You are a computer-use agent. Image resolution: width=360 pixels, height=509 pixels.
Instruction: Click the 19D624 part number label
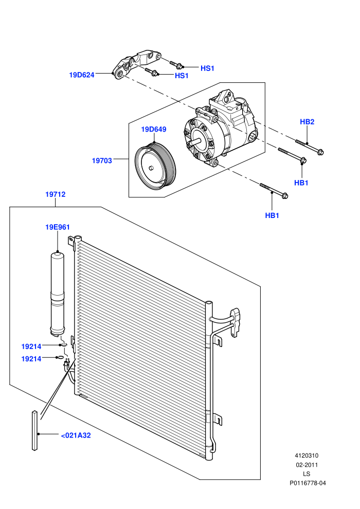pyautogui.click(x=81, y=75)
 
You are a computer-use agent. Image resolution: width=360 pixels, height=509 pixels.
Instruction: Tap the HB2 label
pyautogui.click(x=307, y=122)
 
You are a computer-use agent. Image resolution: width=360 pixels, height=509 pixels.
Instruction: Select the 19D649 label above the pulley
pyautogui.click(x=153, y=129)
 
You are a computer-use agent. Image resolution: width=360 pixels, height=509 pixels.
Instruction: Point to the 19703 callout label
pyautogui.click(x=102, y=160)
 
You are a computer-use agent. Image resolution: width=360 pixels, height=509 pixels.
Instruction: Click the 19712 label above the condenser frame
pyautogui.click(x=55, y=194)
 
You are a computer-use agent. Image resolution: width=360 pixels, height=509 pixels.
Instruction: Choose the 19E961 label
pyautogui.click(x=58, y=227)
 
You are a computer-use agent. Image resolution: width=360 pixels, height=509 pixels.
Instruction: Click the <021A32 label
pyautogui.click(x=76, y=435)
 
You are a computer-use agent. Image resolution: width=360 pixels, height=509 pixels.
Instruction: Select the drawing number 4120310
pyautogui.click(x=307, y=456)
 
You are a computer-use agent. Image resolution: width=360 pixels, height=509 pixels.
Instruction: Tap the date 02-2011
pyautogui.click(x=307, y=465)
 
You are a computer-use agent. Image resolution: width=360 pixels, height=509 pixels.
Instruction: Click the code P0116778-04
pyautogui.click(x=308, y=483)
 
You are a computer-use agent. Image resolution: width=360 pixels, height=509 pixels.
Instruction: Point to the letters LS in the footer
pyautogui.click(x=307, y=474)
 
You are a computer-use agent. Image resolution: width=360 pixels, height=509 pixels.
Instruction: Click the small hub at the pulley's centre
pyautogui.click(x=151, y=168)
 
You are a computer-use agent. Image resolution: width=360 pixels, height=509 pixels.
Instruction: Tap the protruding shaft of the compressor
pyautogui.click(x=196, y=141)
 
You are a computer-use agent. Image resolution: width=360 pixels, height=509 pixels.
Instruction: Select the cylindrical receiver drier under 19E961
pyautogui.click(x=57, y=294)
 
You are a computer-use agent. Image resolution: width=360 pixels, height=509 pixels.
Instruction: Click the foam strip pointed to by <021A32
pyautogui.click(x=35, y=430)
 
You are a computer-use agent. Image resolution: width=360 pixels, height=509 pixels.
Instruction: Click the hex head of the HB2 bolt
pyautogui.click(x=320, y=152)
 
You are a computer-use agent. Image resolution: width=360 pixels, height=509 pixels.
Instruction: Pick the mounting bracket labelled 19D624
pyautogui.click(x=136, y=64)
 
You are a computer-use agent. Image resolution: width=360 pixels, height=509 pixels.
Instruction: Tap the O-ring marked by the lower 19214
pyautogui.click(x=60, y=358)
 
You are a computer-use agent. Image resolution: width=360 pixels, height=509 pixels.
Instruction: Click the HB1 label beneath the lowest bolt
pyautogui.click(x=272, y=215)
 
